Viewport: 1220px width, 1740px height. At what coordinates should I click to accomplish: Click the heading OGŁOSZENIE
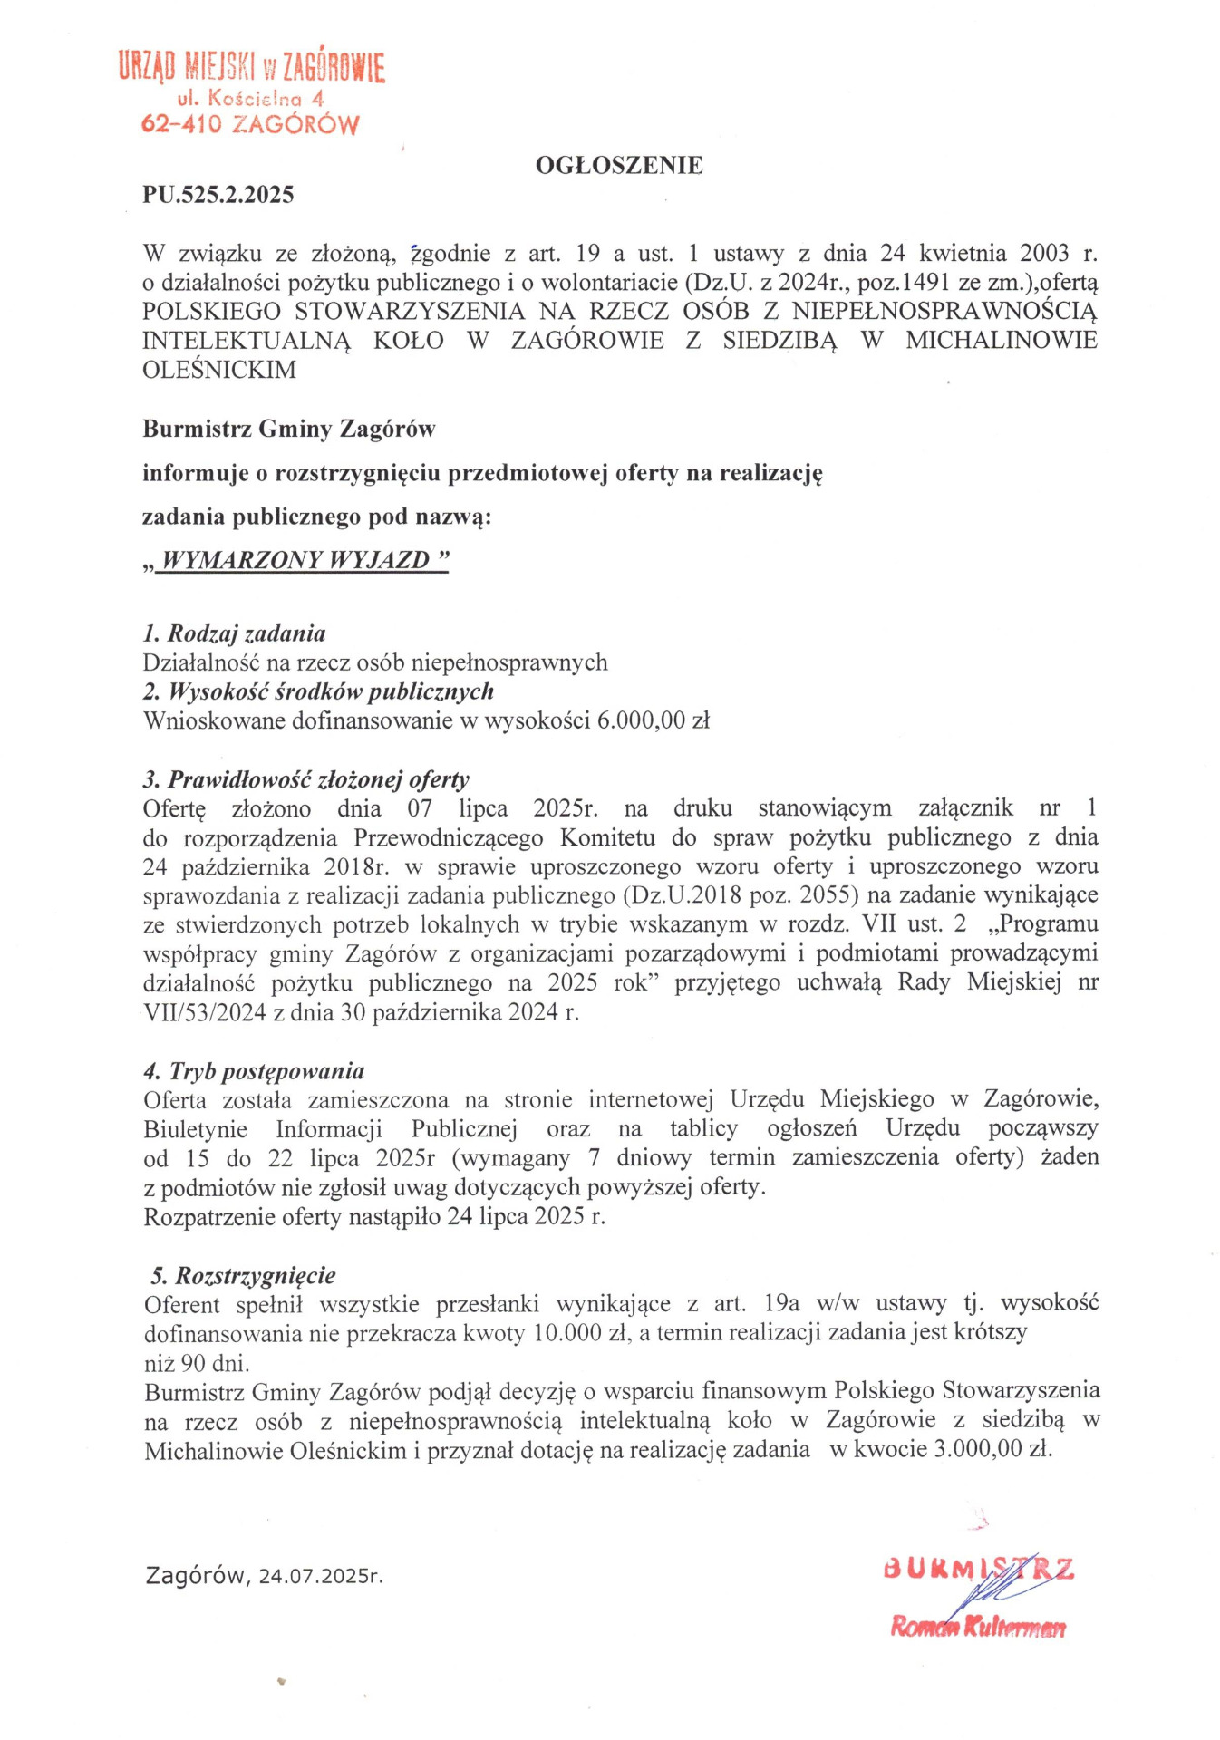tap(619, 165)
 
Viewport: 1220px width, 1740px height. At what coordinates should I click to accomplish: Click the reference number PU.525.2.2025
tap(218, 195)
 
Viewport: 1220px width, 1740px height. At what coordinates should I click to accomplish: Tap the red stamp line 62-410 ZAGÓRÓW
tap(250, 124)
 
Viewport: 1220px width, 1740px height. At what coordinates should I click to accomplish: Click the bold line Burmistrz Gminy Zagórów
tap(289, 429)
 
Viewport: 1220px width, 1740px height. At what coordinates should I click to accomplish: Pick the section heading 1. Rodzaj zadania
tap(235, 633)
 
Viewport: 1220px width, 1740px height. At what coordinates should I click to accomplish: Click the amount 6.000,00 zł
tap(653, 721)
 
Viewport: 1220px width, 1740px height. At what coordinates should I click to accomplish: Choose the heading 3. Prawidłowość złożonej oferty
tap(306, 779)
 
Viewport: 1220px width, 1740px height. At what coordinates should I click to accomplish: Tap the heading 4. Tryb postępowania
tap(255, 1071)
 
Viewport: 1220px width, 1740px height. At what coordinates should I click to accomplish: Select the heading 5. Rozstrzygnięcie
tap(244, 1276)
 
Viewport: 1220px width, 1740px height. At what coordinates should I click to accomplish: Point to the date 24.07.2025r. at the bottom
tap(321, 1576)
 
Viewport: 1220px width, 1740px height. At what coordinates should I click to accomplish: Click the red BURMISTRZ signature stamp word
tap(979, 1568)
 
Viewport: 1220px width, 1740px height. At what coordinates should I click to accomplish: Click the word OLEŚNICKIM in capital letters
tap(219, 370)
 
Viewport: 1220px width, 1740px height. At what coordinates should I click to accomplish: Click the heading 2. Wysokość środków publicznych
tap(319, 691)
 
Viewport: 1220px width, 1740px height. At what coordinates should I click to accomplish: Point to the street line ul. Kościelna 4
tap(251, 98)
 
